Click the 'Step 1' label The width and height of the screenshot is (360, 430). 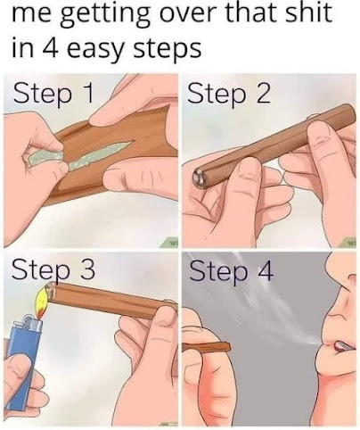(53, 93)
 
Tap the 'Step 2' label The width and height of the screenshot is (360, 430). (229, 93)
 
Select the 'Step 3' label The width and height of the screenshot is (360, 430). (53, 269)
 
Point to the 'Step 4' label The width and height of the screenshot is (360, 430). (231, 270)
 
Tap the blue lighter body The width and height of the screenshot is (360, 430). (22, 357)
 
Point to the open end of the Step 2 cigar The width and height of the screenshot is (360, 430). (199, 178)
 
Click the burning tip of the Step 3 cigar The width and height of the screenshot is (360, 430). (50, 291)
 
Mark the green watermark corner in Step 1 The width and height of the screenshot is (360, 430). (170, 244)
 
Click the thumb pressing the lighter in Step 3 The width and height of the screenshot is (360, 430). (16, 368)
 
